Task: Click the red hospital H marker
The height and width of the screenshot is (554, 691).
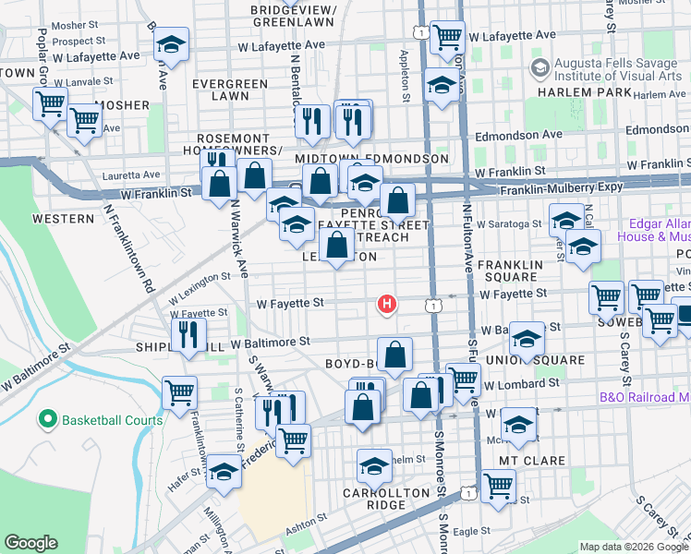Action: (388, 303)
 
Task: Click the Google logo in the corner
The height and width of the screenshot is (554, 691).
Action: (31, 543)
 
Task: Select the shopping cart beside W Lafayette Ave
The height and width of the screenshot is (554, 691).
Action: (448, 37)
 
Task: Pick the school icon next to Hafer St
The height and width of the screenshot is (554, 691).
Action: (224, 471)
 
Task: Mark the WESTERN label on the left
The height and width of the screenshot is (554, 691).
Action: (63, 219)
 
